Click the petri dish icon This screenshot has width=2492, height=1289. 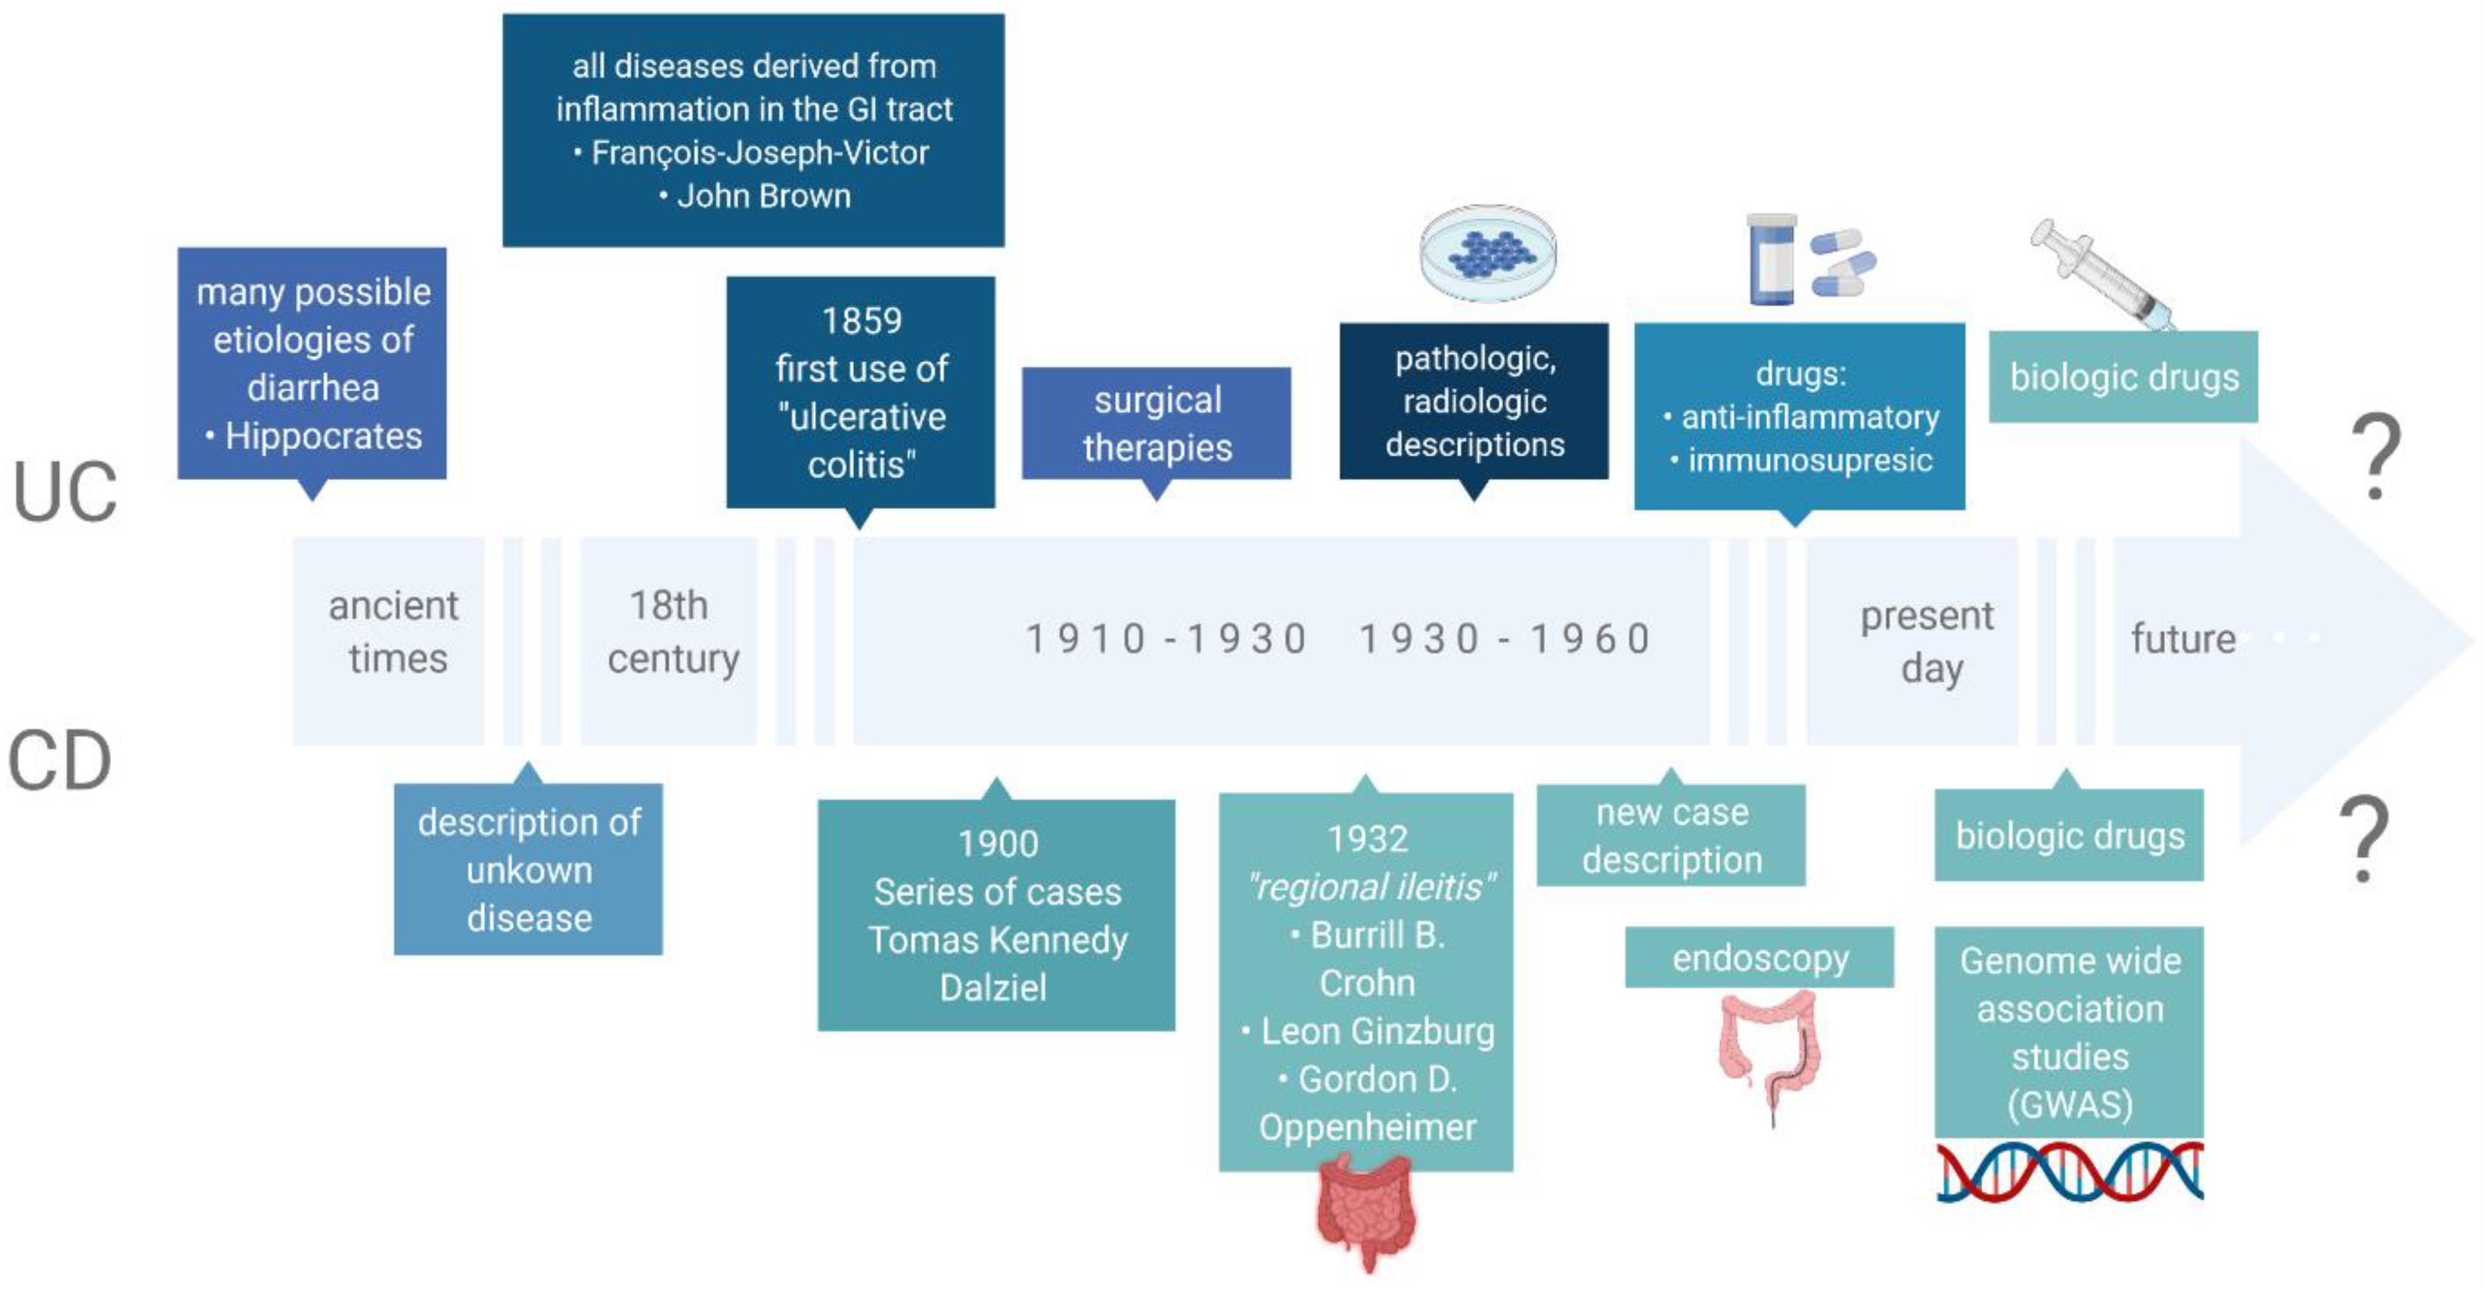(x=1488, y=252)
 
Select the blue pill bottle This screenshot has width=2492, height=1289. (x=1771, y=260)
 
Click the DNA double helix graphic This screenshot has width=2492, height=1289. (x=2069, y=1172)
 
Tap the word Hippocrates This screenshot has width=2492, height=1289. (x=323, y=437)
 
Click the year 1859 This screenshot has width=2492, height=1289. (x=861, y=321)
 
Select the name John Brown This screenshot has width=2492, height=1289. (x=763, y=196)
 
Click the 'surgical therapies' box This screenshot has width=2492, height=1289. (x=1156, y=424)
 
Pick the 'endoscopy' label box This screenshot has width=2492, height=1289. (x=1759, y=958)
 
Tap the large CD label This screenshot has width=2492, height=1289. (x=60, y=761)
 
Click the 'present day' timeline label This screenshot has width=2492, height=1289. (x=1927, y=642)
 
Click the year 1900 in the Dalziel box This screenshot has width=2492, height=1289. (x=997, y=844)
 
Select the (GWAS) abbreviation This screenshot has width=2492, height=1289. (x=2069, y=1104)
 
